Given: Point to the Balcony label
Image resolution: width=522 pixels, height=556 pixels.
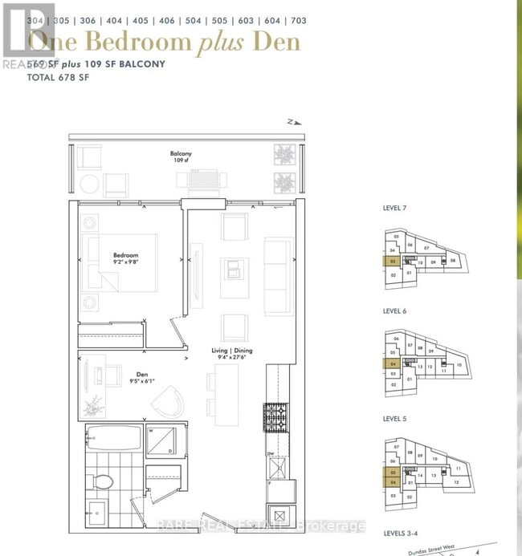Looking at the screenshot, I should coord(181,153).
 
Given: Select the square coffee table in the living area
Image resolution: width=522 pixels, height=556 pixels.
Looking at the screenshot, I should coord(232,268).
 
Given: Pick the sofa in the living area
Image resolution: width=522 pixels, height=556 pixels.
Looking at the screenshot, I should coord(278,265).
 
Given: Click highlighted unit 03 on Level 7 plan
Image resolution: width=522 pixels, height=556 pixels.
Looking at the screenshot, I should coord(394,261).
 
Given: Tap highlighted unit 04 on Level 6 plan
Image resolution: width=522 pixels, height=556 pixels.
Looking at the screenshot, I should coord(394,363).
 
